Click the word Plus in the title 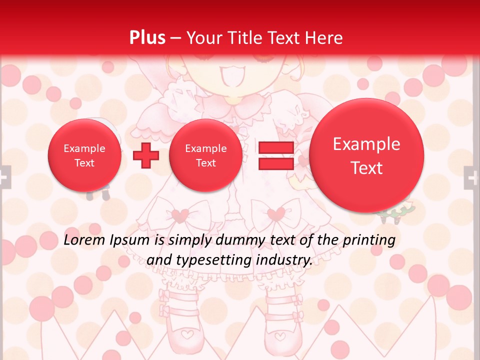pyautogui.click(x=147, y=38)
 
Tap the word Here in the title pyautogui.click(x=324, y=38)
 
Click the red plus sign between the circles pyautogui.click(x=146, y=155)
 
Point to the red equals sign pyautogui.click(x=275, y=155)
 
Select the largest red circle pyautogui.click(x=366, y=155)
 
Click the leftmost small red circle pyautogui.click(x=84, y=155)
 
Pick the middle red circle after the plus pyautogui.click(x=205, y=155)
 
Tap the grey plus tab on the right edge pyautogui.click(x=471, y=177)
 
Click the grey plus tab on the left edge pyautogui.click(x=4, y=177)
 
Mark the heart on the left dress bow pyautogui.click(x=179, y=215)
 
